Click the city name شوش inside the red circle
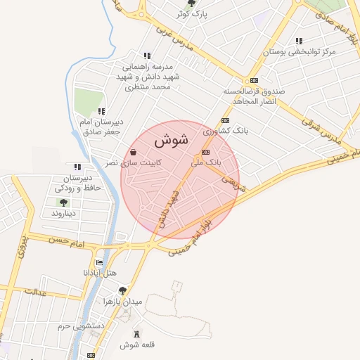(171, 140)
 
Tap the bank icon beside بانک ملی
(205, 152)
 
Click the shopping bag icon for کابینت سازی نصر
(134, 152)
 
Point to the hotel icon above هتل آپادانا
(99, 262)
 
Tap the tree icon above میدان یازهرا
(123, 289)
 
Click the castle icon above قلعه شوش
(136, 333)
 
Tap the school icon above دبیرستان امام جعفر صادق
(102, 111)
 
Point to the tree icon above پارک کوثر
(191, 3)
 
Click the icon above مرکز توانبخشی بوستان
(299, 41)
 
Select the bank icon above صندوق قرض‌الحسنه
(254, 80)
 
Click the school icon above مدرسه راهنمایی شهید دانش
(146, 56)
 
